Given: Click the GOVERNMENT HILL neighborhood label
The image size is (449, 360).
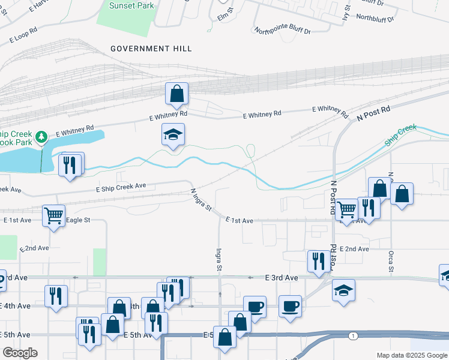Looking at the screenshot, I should coord(151,49).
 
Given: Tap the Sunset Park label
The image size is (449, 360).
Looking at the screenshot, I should coord(132,6).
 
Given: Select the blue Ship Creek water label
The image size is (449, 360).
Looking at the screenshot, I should coord(400,135).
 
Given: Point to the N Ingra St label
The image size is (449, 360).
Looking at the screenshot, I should coord(201,200).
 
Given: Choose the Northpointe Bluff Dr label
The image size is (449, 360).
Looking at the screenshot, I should coord(282,31).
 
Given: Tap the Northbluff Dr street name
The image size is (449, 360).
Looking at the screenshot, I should coord(375,18).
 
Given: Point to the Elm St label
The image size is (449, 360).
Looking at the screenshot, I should coord(224,16).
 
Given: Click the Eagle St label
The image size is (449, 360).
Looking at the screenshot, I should coord(78,220).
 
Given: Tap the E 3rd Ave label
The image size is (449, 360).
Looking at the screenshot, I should coord(282,278).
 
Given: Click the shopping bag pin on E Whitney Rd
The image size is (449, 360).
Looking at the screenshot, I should coord(176,94).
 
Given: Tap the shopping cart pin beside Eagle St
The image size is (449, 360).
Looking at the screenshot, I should coord(53,215).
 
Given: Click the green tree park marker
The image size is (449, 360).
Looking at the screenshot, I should coord(41,137).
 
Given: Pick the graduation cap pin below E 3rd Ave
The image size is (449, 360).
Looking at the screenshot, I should coord(344,290).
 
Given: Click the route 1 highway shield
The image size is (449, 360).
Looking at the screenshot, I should coord(354,335).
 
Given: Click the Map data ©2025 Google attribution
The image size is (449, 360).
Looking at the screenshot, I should coord(411,355).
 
